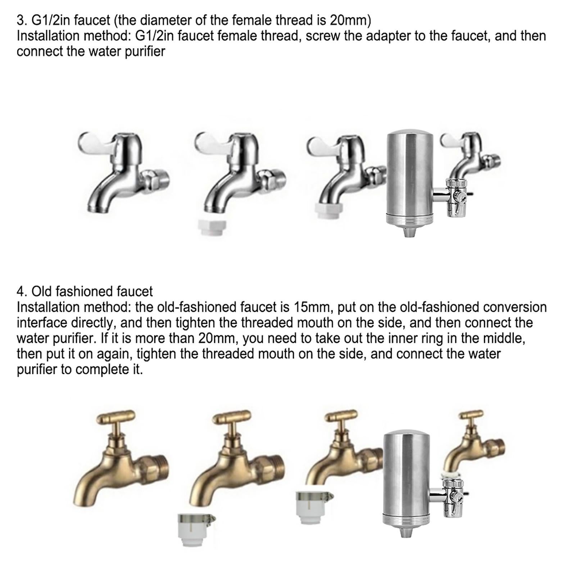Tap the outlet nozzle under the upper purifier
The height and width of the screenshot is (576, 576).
click(410, 230)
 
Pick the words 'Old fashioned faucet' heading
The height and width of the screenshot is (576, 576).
click(92, 291)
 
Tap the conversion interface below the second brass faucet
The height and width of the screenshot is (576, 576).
click(197, 530)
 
